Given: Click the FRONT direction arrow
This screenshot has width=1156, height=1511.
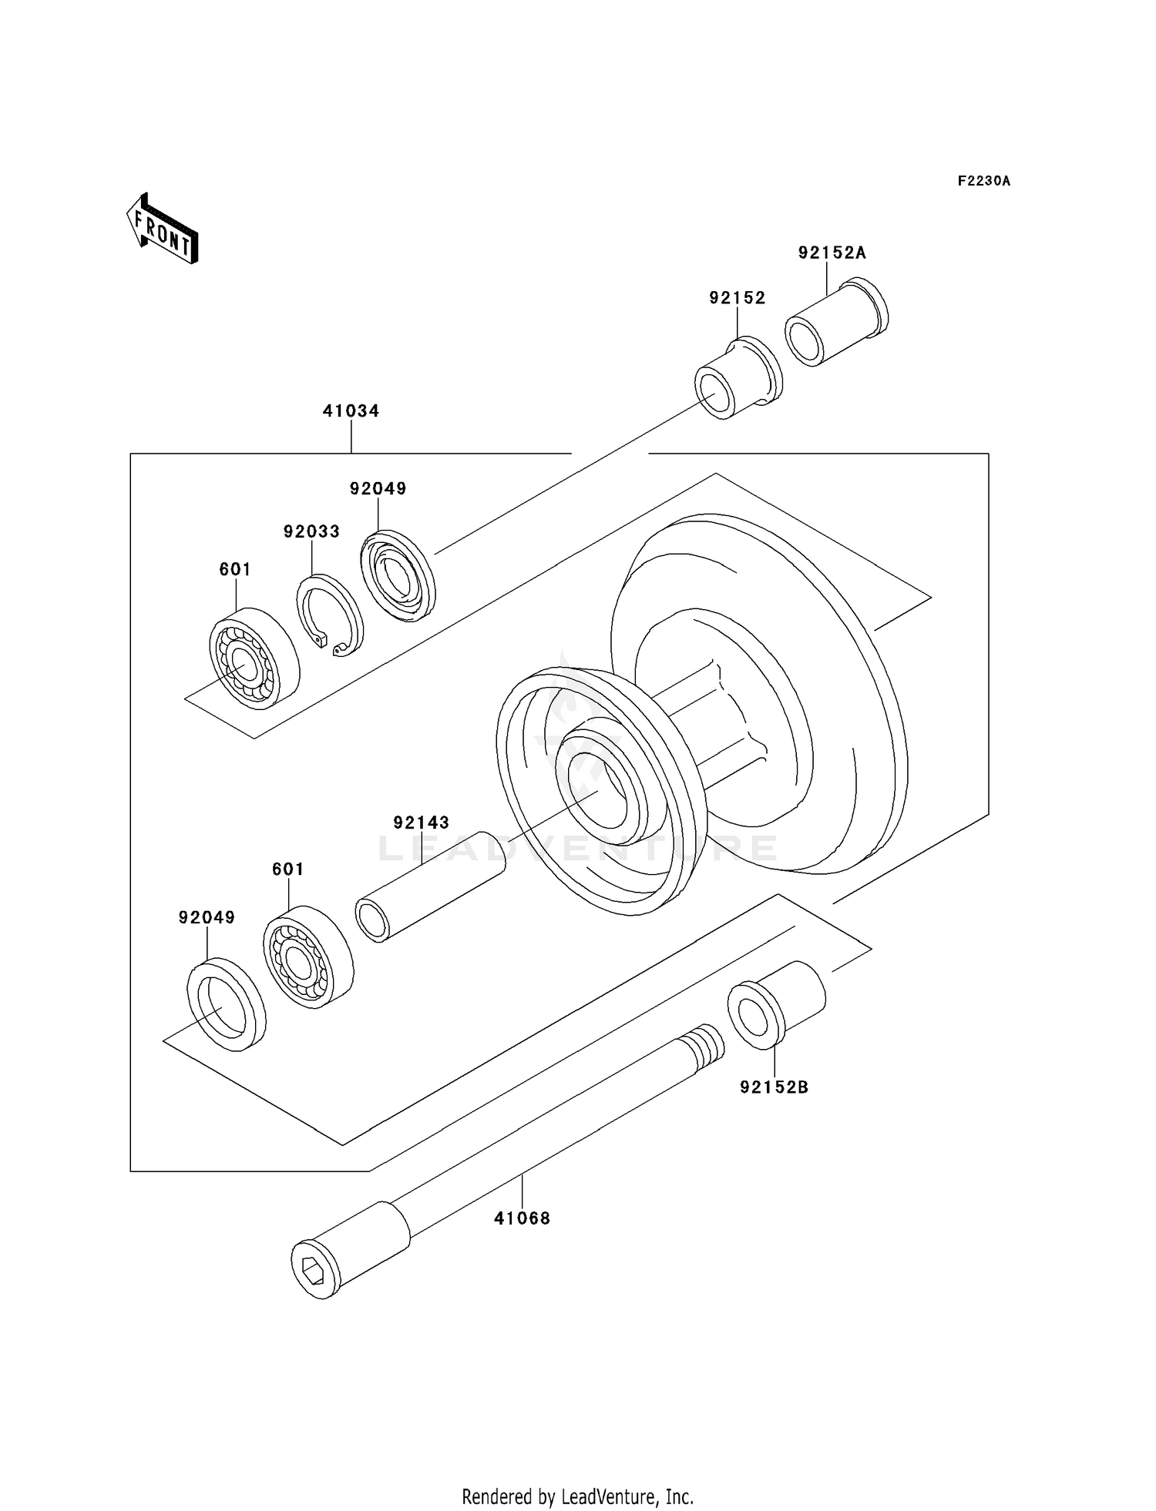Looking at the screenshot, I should (x=163, y=229).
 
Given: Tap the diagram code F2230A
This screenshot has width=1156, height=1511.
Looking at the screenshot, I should (x=983, y=182).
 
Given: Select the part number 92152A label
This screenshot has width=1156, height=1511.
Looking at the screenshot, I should (x=832, y=253).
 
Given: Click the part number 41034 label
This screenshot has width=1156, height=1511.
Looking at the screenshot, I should (x=351, y=411).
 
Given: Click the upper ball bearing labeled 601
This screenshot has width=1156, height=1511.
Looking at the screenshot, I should (x=254, y=658).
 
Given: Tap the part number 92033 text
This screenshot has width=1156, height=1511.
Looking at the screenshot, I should (x=311, y=532).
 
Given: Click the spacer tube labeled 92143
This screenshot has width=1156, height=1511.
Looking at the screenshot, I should (x=430, y=886).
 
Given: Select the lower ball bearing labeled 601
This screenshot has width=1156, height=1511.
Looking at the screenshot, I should (x=307, y=957).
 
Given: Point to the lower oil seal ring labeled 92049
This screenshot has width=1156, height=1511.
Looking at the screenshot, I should (x=226, y=1004).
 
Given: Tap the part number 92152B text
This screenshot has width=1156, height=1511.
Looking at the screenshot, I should (x=774, y=1087).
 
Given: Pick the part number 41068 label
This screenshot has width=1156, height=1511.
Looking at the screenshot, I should (x=522, y=1218).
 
